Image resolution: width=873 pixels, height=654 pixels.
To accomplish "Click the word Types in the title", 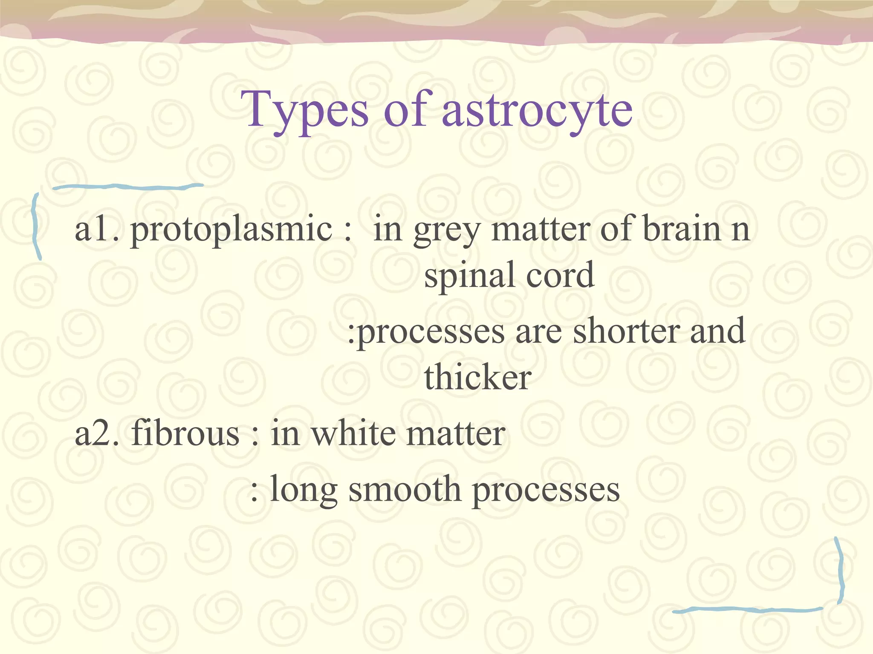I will (x=304, y=111).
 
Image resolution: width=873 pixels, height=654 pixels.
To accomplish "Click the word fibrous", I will (x=185, y=433).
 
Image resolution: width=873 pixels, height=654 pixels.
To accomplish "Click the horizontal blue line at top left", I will (x=128, y=186).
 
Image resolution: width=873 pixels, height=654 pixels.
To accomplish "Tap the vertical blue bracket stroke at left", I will (x=36, y=226).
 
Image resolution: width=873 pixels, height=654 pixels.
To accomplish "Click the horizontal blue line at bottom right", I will (x=746, y=610).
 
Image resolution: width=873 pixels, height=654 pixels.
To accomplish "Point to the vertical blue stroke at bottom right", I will (x=840, y=571).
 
